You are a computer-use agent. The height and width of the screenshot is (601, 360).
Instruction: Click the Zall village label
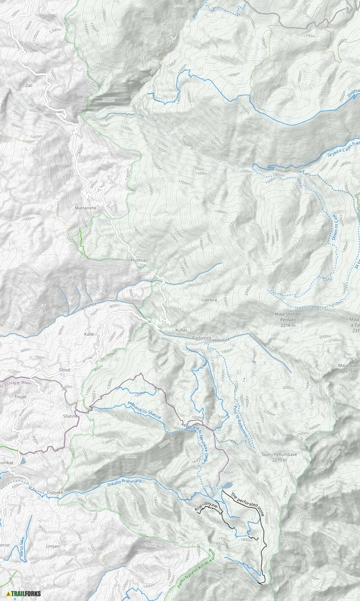[x=29, y=85]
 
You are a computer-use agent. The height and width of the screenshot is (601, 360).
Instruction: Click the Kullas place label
[x=181, y=329]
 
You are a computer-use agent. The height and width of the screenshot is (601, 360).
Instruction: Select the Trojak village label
[x=20, y=396]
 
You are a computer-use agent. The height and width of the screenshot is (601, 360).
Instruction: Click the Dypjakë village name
[x=55, y=492]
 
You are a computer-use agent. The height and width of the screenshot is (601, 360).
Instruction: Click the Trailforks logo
[x=24, y=593]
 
